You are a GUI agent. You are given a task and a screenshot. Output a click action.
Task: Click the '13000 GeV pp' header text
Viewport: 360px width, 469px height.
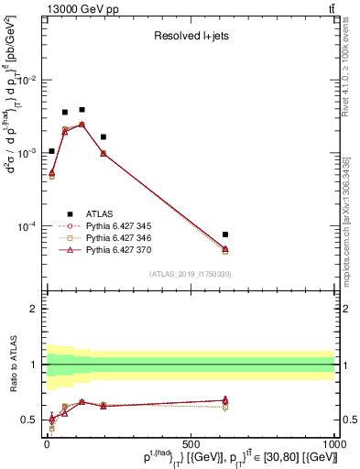pyautogui.click(x=74, y=8)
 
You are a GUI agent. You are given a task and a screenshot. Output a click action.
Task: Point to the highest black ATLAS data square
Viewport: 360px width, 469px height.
pyautogui.click(x=82, y=109)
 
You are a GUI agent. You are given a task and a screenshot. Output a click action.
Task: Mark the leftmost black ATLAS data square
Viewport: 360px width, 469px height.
pyautogui.click(x=51, y=151)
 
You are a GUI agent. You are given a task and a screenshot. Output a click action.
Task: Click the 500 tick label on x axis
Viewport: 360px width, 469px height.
pyautogui.click(x=191, y=442)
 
